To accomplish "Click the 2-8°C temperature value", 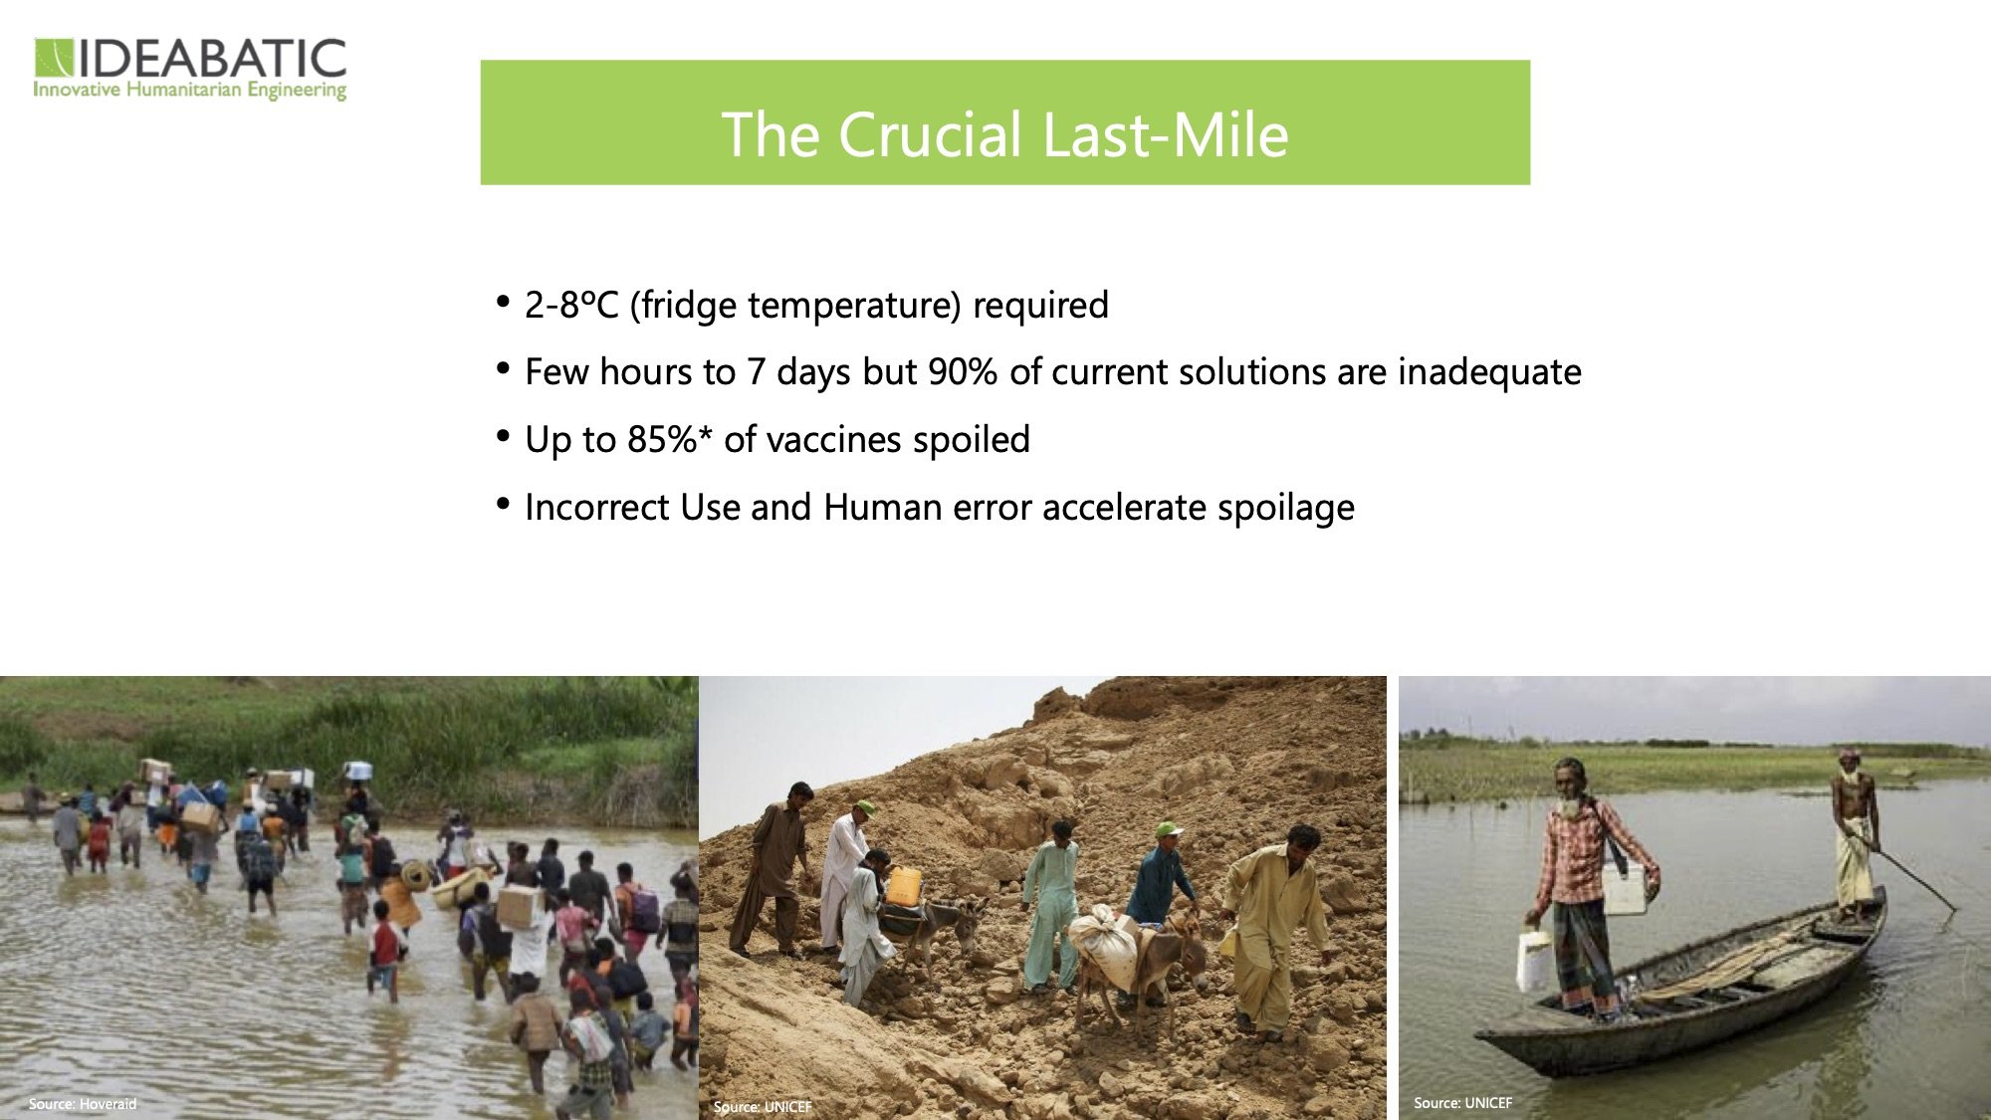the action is (x=571, y=305).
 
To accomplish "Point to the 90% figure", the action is (x=962, y=371).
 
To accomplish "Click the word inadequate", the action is (x=1489, y=371).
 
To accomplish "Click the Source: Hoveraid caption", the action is (x=83, y=1104).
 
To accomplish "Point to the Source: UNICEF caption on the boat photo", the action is (x=1462, y=1103).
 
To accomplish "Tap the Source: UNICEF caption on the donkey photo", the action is (x=763, y=1107).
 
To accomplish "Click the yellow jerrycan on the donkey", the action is (x=903, y=886).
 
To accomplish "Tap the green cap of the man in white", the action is (x=864, y=806).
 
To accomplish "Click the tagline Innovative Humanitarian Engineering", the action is (x=190, y=91).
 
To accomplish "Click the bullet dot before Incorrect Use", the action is (x=503, y=504).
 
